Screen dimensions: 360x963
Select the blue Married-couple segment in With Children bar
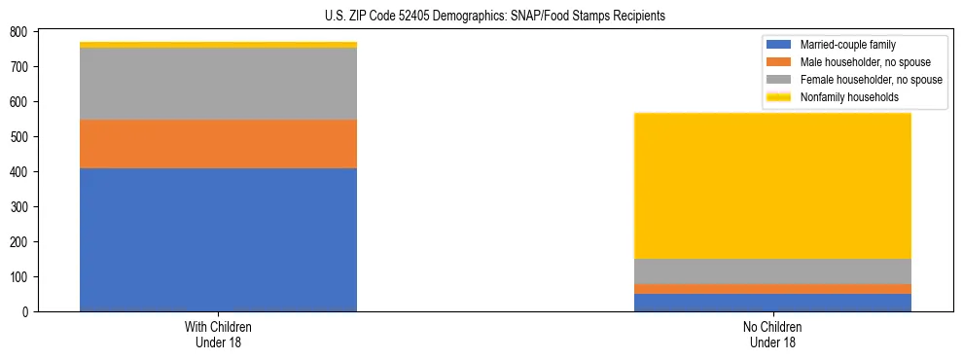(218, 239)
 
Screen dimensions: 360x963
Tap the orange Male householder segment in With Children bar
(218, 144)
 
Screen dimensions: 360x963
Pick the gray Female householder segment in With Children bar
(218, 84)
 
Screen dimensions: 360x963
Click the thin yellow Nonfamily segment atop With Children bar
(218, 45)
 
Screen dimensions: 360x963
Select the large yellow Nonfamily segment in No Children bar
(772, 186)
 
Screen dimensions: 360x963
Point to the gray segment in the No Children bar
(772, 271)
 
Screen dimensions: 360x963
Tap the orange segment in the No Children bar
(772, 289)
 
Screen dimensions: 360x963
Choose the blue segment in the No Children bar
(772, 303)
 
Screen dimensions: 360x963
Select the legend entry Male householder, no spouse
(865, 62)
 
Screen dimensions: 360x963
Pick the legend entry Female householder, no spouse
(871, 80)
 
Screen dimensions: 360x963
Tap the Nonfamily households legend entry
(849, 97)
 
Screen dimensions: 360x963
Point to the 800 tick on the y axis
(18, 32)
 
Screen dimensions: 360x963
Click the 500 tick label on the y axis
(18, 137)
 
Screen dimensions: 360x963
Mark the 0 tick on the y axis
(25, 312)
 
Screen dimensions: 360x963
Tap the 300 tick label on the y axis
(18, 207)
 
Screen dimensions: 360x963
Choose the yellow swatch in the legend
(780, 97)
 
